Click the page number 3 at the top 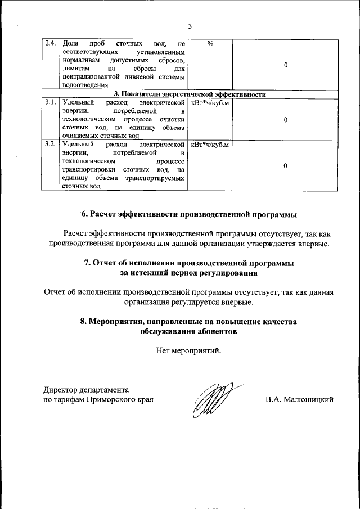click(190, 26)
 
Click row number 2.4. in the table click(49, 43)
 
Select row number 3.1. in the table click(49, 103)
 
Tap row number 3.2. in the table click(49, 145)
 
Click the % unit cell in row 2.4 click(210, 43)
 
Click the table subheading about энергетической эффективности click(190, 94)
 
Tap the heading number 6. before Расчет click(85, 215)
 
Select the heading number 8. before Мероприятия click(84, 321)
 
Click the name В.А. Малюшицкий click(300, 400)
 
